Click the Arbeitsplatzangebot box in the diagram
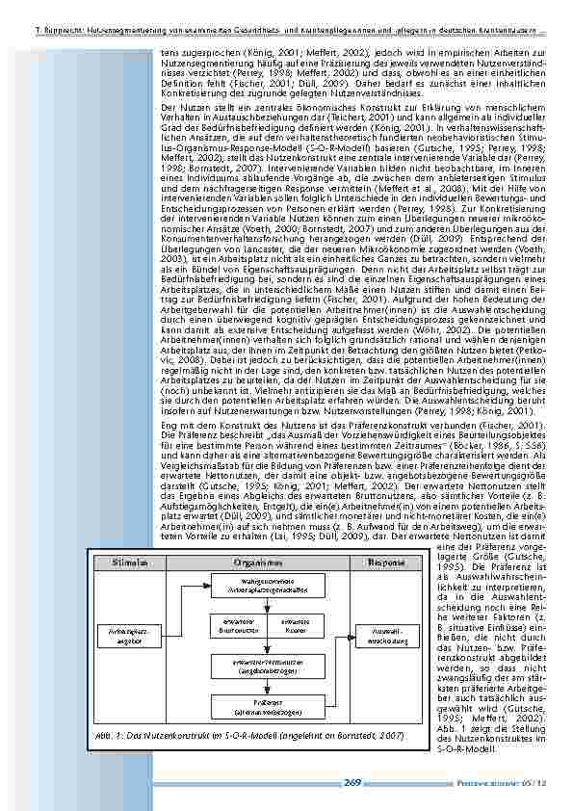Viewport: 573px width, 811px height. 122,632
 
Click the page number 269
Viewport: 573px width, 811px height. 352,783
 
